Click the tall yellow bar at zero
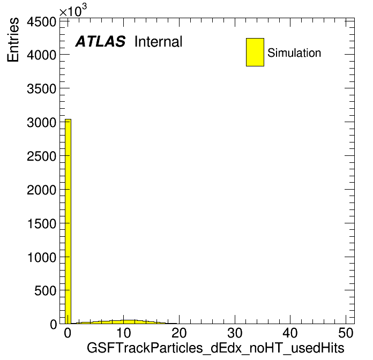coord(68,221)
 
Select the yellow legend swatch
coord(255,52)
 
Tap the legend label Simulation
coord(294,53)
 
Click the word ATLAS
coord(100,41)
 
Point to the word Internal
coord(159,41)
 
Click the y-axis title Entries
coord(13,40)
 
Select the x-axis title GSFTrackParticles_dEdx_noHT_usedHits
coord(215,348)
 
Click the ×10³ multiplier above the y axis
coord(73,10)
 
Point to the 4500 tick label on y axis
coord(41,22)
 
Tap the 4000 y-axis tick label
coord(41,55)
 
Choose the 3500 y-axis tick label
coord(41,89)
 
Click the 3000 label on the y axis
coord(41,123)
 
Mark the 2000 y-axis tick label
coord(41,190)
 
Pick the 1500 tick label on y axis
coord(42,224)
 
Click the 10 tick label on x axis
coord(123,333)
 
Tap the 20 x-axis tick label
coord(179,333)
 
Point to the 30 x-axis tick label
coord(235,333)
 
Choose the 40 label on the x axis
coord(290,333)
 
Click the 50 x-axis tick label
coord(346,333)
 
